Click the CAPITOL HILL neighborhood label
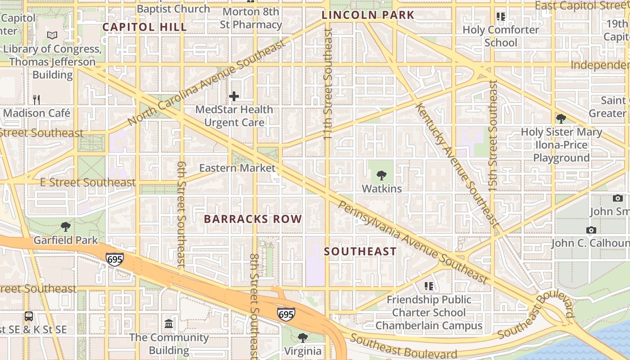144,27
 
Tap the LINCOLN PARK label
368,15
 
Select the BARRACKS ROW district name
253,219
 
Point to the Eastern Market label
237,168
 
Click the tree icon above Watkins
382,175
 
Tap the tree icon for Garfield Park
66,226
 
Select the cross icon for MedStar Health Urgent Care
234,96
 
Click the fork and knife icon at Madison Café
36,99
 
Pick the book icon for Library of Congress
52,35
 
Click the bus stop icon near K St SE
29,316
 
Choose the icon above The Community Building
169,324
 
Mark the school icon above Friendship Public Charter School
429,286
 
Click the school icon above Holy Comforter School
500,17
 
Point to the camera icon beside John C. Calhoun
591,230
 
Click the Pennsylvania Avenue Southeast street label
413,242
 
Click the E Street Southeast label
88,182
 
